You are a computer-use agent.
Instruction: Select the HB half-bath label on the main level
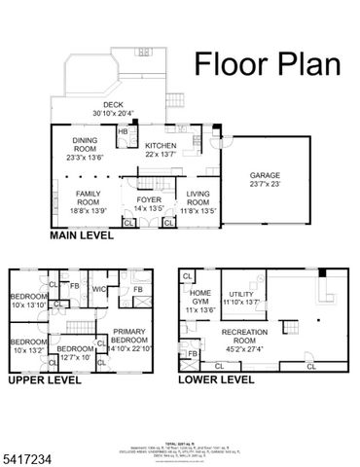click(x=124, y=131)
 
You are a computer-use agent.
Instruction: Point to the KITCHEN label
click(x=162, y=144)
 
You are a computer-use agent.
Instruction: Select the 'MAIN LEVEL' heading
click(x=85, y=235)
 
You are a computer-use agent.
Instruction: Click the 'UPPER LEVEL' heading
click(x=45, y=381)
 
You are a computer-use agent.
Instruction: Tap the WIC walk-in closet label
click(x=98, y=288)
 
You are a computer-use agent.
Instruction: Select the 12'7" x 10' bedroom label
click(x=73, y=352)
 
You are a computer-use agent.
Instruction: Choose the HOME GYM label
click(x=200, y=299)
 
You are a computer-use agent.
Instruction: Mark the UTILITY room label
click(x=240, y=297)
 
